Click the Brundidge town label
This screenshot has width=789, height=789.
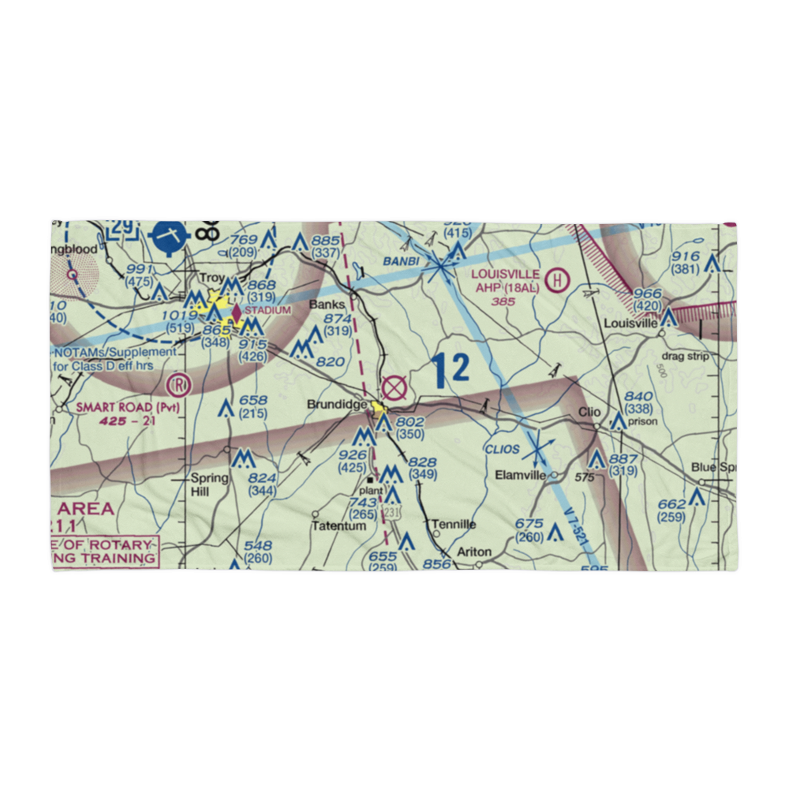click(337, 405)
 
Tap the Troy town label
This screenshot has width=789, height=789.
click(211, 279)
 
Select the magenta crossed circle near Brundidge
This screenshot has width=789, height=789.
click(394, 387)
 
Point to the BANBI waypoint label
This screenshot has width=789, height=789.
click(399, 260)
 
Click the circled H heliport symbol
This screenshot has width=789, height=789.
click(559, 279)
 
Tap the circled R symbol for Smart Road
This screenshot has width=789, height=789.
click(180, 385)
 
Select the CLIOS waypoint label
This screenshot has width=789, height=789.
click(503, 449)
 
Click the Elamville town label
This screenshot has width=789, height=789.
click(520, 475)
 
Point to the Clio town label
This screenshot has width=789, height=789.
click(589, 412)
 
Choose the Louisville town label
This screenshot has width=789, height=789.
click(630, 323)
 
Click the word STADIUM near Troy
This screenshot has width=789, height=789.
click(267, 310)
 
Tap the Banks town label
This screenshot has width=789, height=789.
click(327, 304)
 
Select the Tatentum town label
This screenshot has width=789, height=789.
click(338, 525)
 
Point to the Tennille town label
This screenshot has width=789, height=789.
click(454, 524)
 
